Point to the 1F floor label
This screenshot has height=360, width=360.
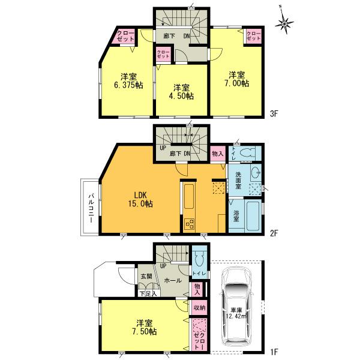pyautogui.click(x=274, y=352)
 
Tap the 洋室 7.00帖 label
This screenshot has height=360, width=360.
pyautogui.click(x=237, y=79)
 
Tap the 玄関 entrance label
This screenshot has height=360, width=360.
pyautogui.click(x=146, y=276)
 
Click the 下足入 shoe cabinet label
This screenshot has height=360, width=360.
pyautogui.click(x=148, y=293)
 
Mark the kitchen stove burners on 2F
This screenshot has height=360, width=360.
pyautogui.click(x=190, y=224)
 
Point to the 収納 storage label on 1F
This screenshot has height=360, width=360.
pyautogui.click(x=199, y=308)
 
